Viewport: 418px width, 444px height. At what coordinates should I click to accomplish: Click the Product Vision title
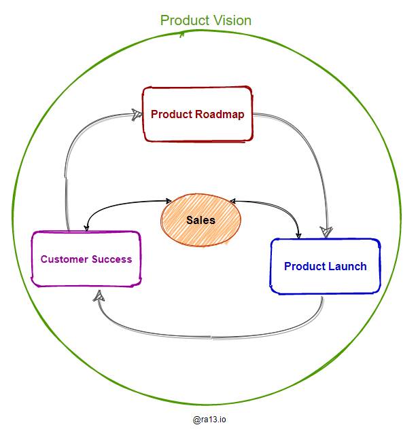pos(205,20)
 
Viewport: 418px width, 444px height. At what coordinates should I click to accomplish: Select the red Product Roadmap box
pos(197,114)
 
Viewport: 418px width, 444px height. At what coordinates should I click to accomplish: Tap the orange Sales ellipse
pos(201,220)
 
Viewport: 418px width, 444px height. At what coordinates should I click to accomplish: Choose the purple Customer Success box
pos(86,259)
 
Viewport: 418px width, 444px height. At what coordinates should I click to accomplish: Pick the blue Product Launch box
pos(325,266)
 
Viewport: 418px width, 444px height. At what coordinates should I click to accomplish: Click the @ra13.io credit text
pos(209,420)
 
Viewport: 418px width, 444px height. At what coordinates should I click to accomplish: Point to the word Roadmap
pos(220,114)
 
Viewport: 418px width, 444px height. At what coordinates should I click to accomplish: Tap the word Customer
pos(63,259)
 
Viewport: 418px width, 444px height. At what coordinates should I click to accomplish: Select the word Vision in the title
pos(230,20)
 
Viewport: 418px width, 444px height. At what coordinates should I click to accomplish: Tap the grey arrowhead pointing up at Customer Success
pos(99,295)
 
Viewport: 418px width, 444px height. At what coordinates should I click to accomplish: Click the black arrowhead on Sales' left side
pos(169,200)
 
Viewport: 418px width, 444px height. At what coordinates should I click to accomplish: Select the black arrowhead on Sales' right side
pos(232,201)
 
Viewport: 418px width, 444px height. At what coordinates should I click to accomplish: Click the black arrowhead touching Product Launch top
pos(298,235)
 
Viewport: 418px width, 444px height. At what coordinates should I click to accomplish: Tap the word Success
pos(110,259)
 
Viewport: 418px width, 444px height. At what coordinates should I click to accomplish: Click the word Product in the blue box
pos(305,266)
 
